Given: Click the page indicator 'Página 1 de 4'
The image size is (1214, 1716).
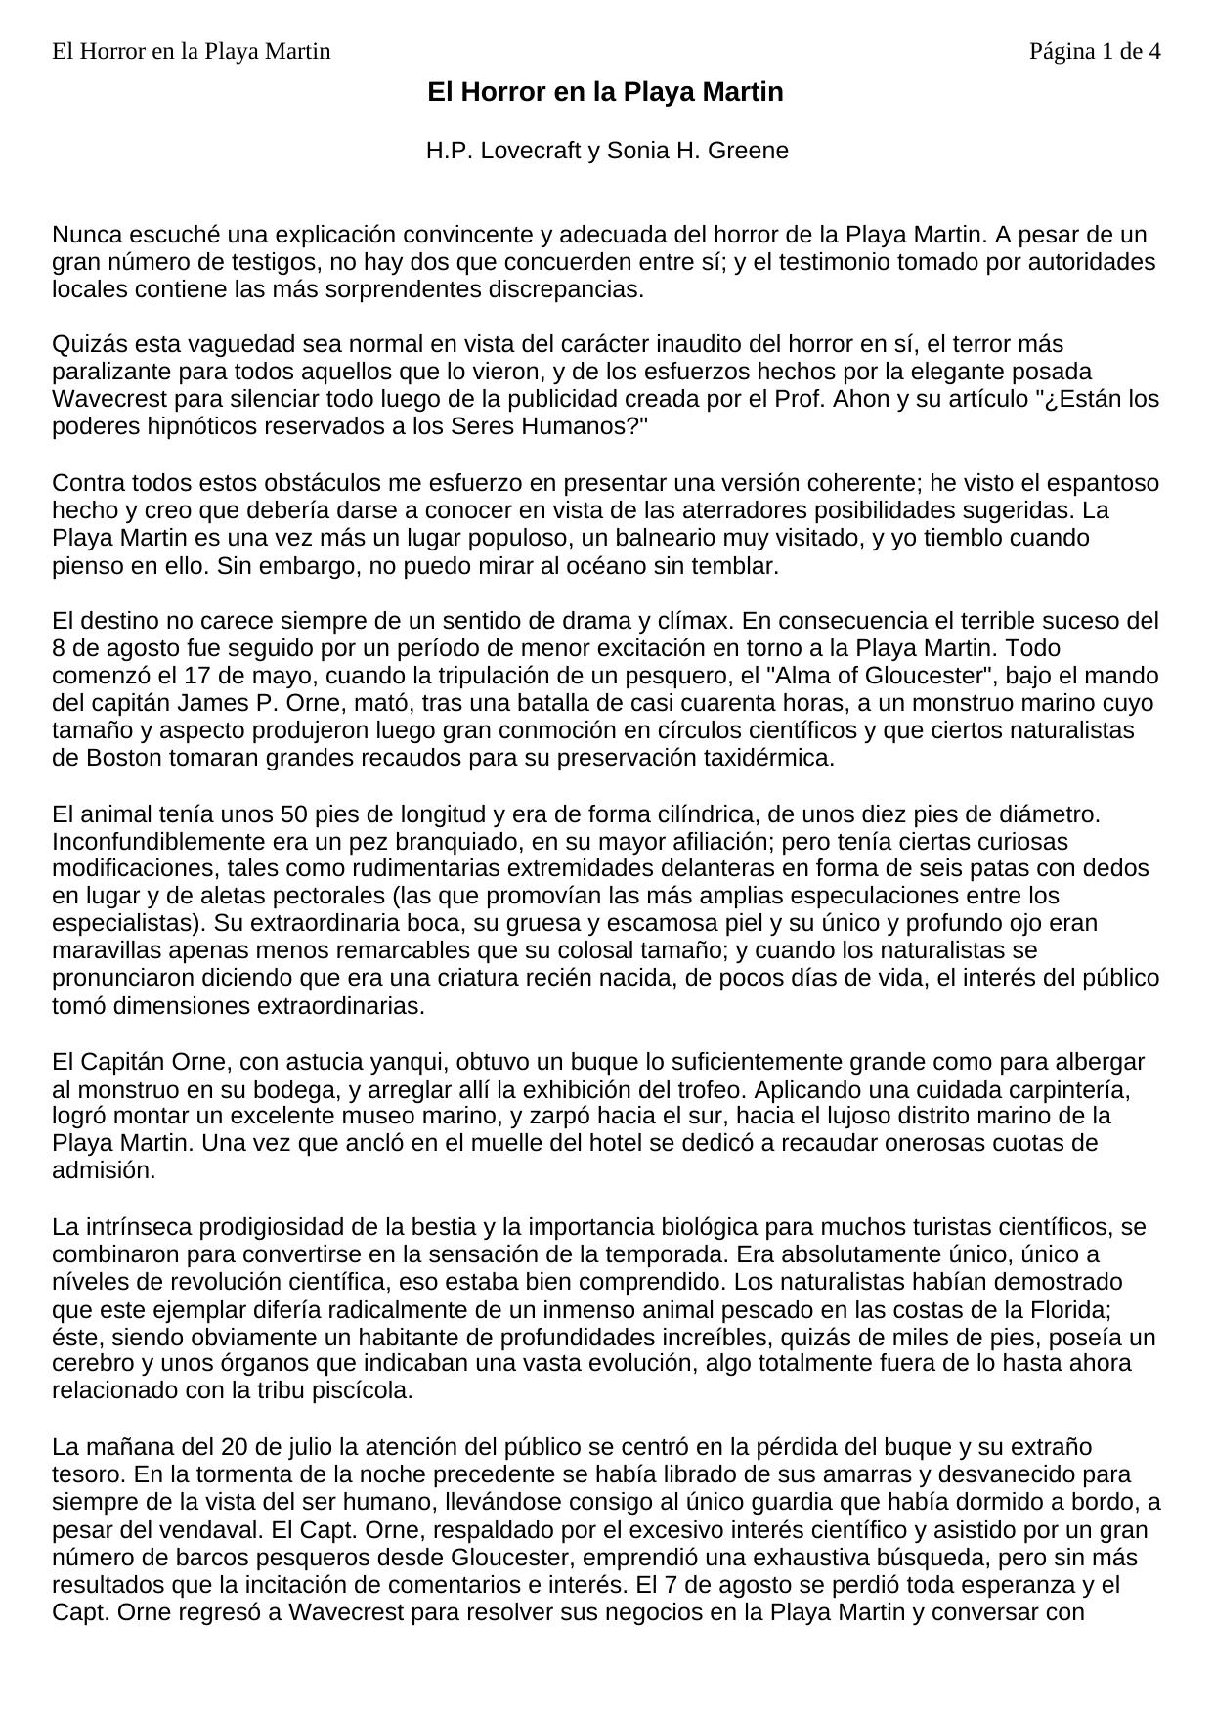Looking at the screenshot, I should [x=1095, y=51].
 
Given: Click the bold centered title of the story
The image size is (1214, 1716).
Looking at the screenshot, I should [x=605, y=92].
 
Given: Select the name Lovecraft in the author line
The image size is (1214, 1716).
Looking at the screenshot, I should [x=527, y=151].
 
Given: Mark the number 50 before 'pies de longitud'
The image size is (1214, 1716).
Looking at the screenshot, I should [x=293, y=814].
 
